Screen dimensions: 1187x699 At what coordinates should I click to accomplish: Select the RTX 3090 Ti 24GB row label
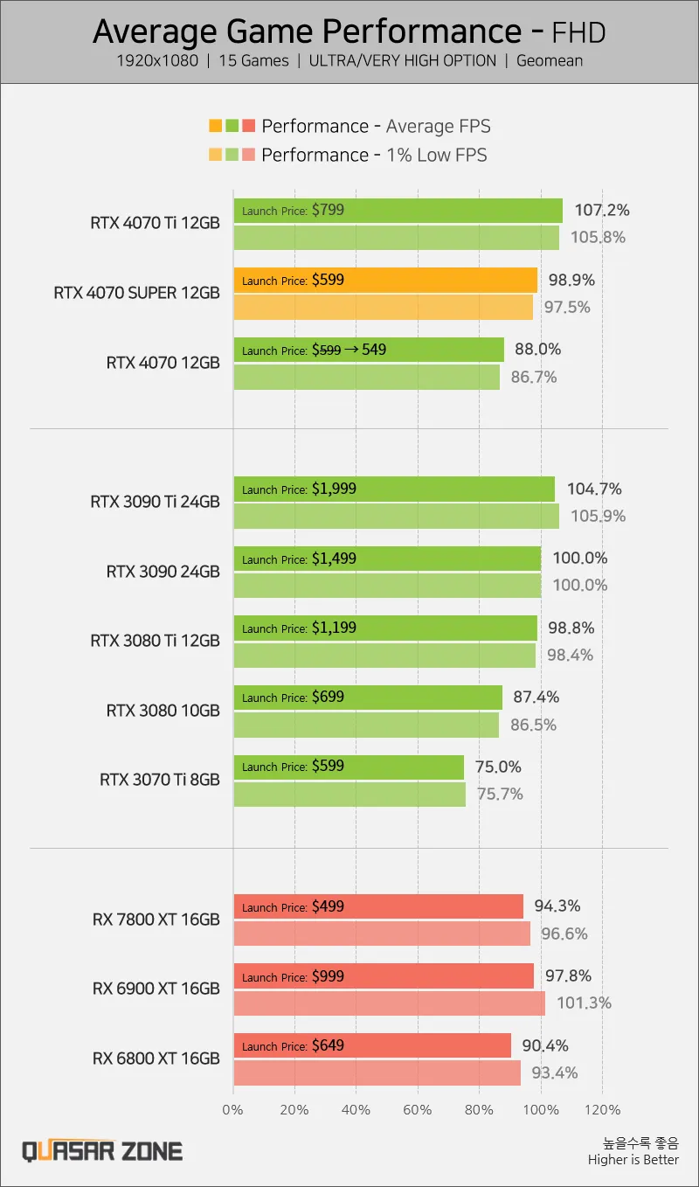pos(155,502)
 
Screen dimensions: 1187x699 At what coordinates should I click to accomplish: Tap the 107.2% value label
pos(601,211)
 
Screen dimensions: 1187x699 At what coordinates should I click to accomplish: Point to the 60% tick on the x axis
pos(418,1110)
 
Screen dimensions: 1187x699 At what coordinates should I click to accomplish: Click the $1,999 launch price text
pos(334,489)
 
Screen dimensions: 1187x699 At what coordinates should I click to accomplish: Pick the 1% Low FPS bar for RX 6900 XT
pos(389,1003)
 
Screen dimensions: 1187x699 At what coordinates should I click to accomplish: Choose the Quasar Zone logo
pos(102,1150)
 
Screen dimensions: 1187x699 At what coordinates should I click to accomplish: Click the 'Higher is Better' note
pos(633,1160)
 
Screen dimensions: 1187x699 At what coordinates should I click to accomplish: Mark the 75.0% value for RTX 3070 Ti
pos(497,767)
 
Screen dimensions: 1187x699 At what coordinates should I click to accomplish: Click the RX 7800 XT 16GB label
pos(156,920)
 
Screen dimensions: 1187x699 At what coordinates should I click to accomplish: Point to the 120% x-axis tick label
pos(602,1110)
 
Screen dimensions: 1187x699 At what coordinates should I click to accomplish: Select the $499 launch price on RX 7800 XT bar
pos(328,907)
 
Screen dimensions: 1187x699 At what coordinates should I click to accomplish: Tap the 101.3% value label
pos(584,1003)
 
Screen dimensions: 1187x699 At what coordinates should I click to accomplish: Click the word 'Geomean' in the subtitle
pos(550,60)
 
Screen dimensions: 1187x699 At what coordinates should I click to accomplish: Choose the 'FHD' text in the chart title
pos(578,32)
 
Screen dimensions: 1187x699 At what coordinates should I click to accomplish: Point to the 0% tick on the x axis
pos(232,1110)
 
